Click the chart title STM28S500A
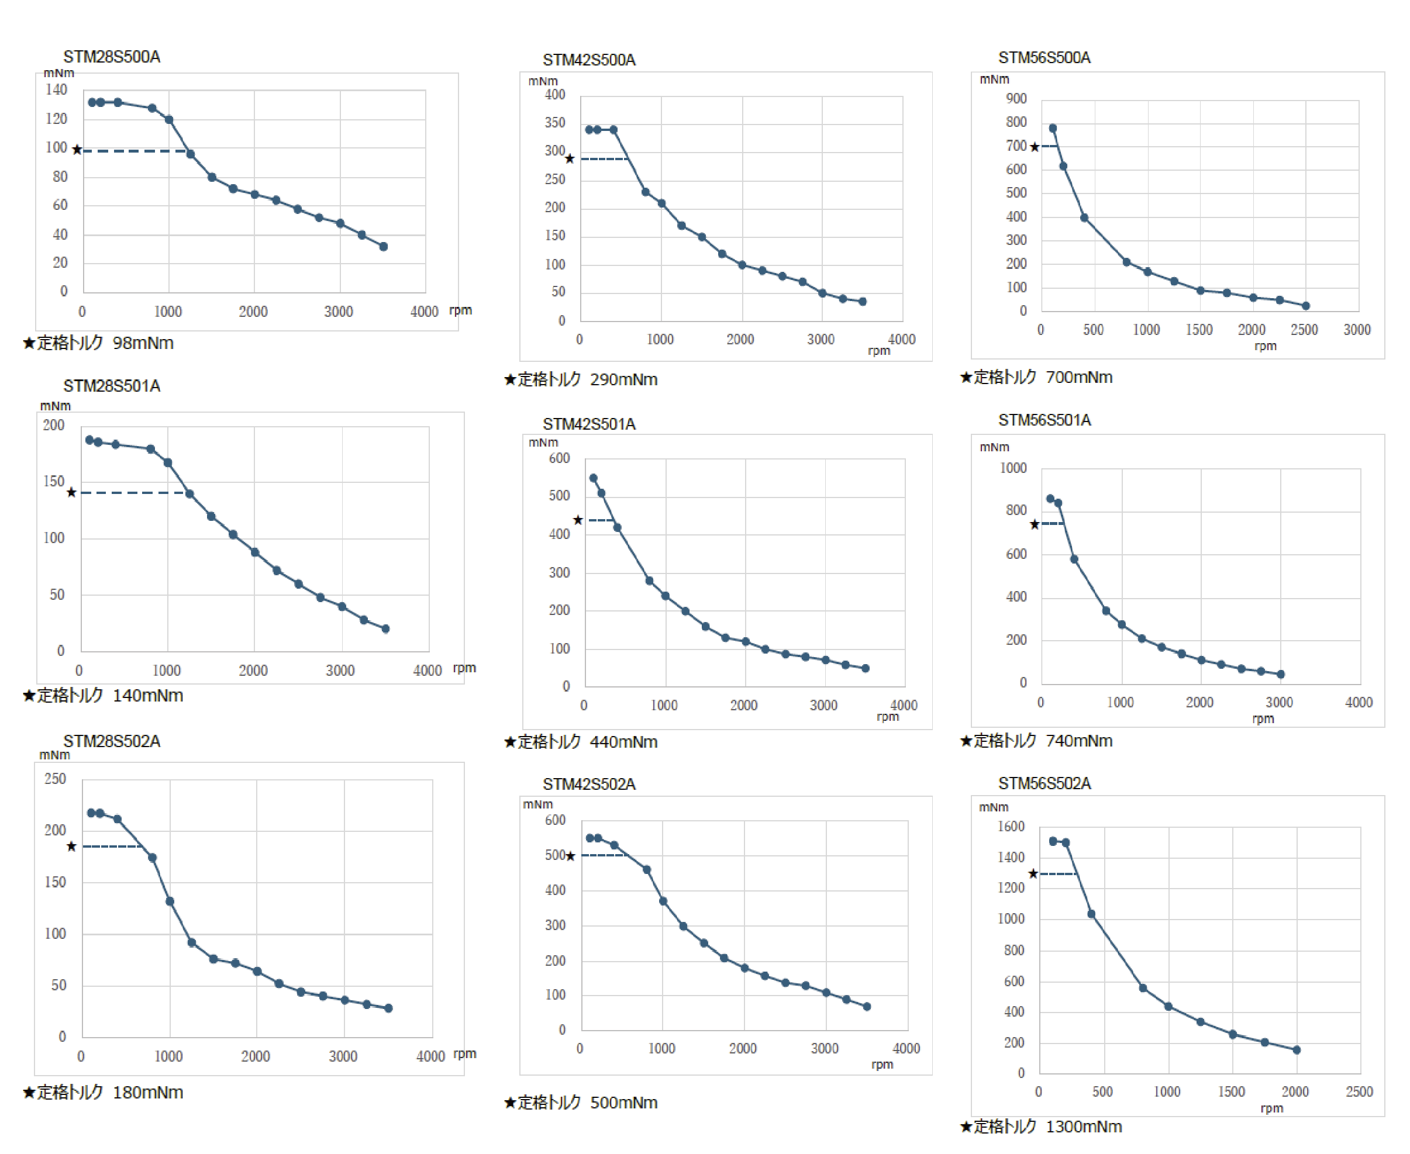click(112, 57)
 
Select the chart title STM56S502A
click(1044, 784)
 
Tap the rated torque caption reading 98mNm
click(98, 343)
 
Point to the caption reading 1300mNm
click(1041, 1127)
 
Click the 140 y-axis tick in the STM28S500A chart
click(57, 90)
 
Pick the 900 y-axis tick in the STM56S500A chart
click(1016, 99)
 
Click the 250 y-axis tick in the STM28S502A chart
click(55, 779)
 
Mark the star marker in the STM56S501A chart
click(1034, 524)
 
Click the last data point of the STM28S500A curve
click(384, 247)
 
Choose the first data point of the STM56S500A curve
click(1052, 128)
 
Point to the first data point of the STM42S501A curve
click(593, 478)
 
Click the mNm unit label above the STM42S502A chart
click(537, 804)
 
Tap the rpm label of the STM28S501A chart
click(464, 668)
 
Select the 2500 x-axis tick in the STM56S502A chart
click(1359, 1091)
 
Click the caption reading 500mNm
click(581, 1103)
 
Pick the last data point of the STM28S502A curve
click(388, 1008)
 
